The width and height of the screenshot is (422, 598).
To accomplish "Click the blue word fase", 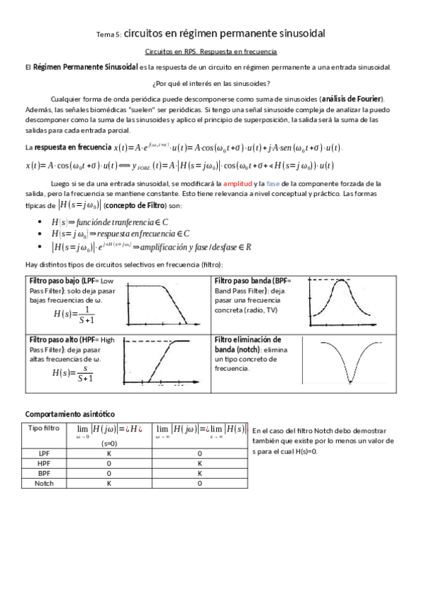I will (x=273, y=182).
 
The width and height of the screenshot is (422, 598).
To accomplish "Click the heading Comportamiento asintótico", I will (x=70, y=414).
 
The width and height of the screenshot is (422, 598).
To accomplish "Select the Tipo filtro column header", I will (x=44, y=428).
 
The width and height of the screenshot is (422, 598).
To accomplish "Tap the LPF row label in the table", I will (x=44, y=453).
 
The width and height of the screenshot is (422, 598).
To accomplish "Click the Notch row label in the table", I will (x=44, y=484).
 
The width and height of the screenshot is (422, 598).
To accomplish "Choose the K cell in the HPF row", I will (x=199, y=463).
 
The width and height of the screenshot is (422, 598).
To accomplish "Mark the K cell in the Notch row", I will (x=108, y=484).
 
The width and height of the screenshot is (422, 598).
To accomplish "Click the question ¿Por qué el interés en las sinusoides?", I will (x=211, y=83).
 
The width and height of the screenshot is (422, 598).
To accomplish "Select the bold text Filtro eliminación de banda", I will (x=247, y=344).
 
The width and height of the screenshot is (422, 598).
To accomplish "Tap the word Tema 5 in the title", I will (x=108, y=34).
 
